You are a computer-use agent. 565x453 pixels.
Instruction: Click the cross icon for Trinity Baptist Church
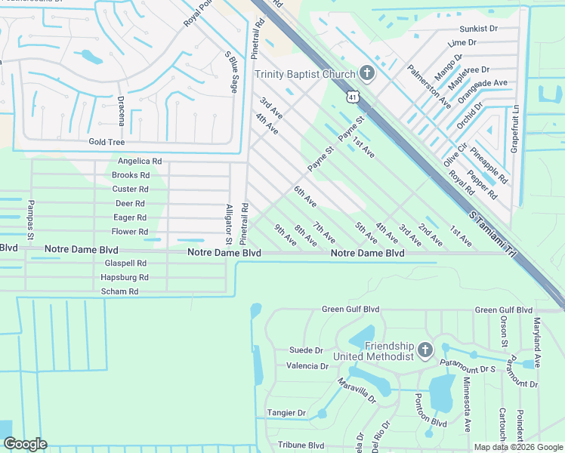(366, 73)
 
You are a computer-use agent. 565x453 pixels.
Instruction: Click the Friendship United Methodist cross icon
(425, 350)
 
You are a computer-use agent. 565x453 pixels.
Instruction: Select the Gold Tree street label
(107, 142)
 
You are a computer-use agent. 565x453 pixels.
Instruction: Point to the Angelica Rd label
(140, 162)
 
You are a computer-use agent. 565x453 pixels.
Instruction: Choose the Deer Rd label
(130, 204)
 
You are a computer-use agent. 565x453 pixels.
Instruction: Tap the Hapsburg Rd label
(124, 277)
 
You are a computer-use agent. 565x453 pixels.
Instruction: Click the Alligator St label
(228, 224)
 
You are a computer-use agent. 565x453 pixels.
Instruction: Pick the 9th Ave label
(285, 235)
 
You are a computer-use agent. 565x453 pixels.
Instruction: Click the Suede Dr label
(306, 350)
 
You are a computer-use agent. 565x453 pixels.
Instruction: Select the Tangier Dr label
(286, 413)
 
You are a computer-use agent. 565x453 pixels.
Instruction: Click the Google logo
(25, 444)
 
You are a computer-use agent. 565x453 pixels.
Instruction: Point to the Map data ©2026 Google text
(517, 447)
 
